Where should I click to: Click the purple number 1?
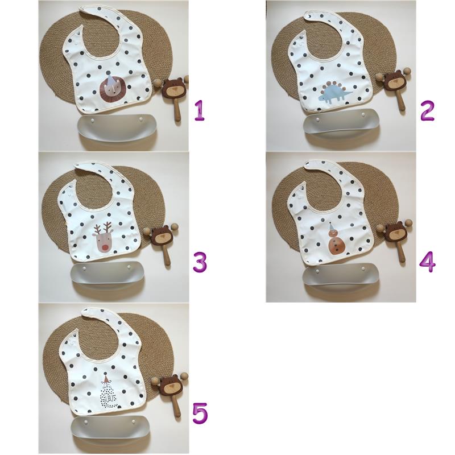200,110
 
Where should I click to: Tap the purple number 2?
427,110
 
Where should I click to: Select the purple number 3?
200,262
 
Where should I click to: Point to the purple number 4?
428,262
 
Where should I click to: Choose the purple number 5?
200,413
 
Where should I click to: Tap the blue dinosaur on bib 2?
336,92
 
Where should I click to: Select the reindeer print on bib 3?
103,237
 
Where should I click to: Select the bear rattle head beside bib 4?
395,232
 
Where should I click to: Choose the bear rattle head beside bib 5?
171,386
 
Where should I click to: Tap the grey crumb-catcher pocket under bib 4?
340,278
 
